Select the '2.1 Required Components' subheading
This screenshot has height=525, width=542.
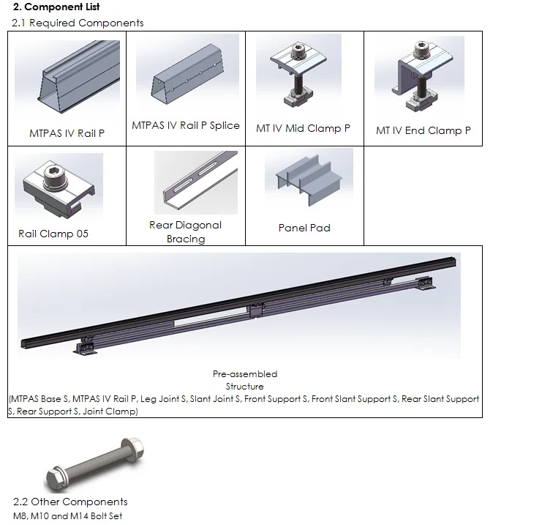coord(78,23)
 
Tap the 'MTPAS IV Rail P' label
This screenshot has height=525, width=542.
coord(67,133)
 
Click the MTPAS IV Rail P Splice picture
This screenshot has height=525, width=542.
coord(185,77)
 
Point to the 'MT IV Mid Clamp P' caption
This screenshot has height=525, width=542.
coord(303,128)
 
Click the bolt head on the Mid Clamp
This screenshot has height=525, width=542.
coord(299,53)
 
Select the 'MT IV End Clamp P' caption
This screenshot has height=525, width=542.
coord(424,130)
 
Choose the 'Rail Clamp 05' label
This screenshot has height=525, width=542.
coord(53,234)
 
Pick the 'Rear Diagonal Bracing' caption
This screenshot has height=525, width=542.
coord(185,232)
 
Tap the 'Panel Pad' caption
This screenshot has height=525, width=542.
coord(304,228)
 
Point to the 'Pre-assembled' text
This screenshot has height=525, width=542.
coord(245,374)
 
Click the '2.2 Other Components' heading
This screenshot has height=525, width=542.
coord(70,502)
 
